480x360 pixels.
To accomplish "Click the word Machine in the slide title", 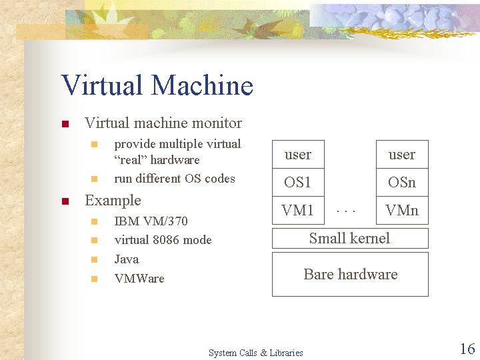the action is [x=202, y=85].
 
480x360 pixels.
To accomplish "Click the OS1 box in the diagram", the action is [x=298, y=182].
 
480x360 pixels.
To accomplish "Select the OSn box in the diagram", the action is [x=402, y=182].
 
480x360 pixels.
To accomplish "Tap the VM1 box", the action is [x=298, y=210].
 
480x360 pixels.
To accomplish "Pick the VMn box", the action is [x=402, y=210].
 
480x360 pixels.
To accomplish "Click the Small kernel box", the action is [x=350, y=238].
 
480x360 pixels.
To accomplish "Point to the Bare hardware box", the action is [x=350, y=274].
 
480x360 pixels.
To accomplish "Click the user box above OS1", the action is [x=298, y=154].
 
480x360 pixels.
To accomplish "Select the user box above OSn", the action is [x=402, y=154].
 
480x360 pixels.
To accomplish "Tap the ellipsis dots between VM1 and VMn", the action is [x=346, y=211].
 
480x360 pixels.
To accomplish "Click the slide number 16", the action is [x=467, y=349].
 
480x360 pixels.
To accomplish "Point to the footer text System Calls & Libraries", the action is [x=255, y=353].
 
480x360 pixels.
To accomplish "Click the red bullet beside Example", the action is [x=65, y=201].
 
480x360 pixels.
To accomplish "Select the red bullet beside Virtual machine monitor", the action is [x=65, y=124].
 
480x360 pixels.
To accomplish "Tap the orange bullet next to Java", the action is [x=94, y=260].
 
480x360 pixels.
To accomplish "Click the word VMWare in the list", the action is [x=139, y=278].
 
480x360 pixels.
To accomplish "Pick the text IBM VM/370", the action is [x=151, y=221].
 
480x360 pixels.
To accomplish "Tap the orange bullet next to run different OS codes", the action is [x=94, y=179].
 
